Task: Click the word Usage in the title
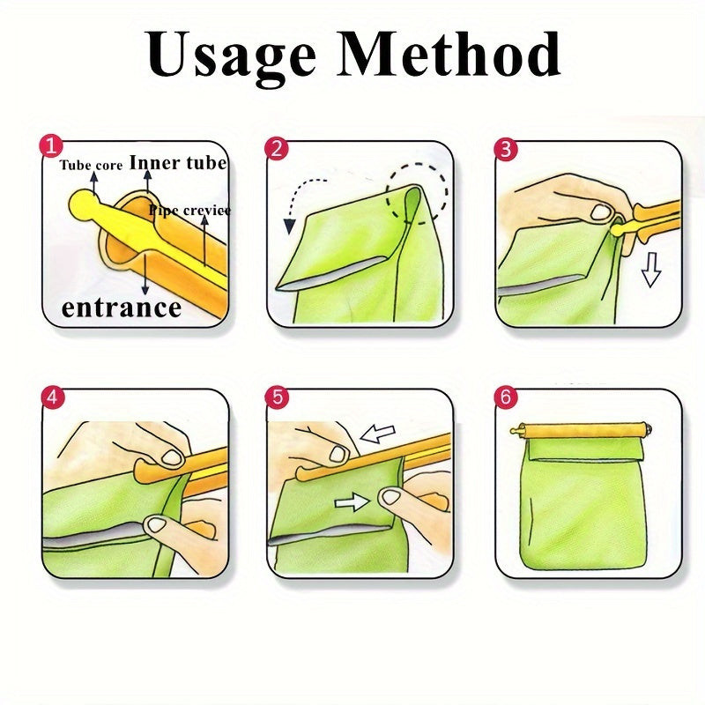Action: tap(231, 56)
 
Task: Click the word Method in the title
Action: tap(449, 53)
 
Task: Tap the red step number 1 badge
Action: tap(51, 146)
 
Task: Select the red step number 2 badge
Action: tap(277, 148)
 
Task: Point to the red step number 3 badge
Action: tap(506, 149)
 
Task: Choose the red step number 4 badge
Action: tap(53, 397)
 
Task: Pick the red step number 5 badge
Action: tap(278, 397)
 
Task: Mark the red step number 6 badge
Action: tap(506, 397)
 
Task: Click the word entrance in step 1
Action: tap(121, 308)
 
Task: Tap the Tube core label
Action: tap(91, 165)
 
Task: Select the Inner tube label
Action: tap(178, 162)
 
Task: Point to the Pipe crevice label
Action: tap(189, 210)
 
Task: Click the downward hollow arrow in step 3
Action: tap(651, 270)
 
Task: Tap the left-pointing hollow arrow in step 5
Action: tap(378, 434)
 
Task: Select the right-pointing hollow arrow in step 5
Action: tap(352, 501)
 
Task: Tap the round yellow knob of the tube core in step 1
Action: tap(84, 203)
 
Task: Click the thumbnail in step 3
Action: tap(600, 211)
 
